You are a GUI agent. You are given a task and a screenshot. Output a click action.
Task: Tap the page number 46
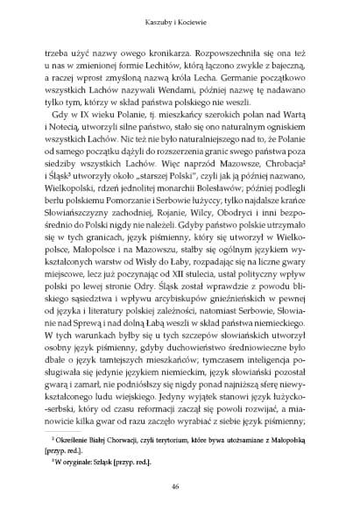coord(180,485)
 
